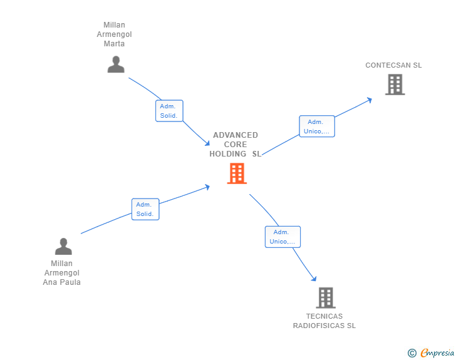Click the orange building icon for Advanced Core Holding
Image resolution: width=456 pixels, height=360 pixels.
pyautogui.click(x=237, y=173)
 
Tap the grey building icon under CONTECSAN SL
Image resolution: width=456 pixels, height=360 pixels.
pyautogui.click(x=395, y=85)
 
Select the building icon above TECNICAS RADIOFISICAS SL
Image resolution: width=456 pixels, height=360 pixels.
pyautogui.click(x=326, y=298)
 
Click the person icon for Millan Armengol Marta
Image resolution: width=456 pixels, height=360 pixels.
pyautogui.click(x=116, y=64)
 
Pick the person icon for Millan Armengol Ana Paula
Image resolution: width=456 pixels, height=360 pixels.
pyautogui.click(x=63, y=247)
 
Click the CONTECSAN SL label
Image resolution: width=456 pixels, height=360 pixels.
pyautogui.click(x=394, y=65)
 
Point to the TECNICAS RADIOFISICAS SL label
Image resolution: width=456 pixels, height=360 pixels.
pyautogui.click(x=324, y=321)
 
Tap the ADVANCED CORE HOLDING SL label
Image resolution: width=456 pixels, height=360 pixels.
pyautogui.click(x=236, y=145)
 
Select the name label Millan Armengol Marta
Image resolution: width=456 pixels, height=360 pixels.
pyautogui.click(x=114, y=34)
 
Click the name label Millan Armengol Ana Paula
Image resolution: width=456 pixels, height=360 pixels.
pyautogui.click(x=62, y=273)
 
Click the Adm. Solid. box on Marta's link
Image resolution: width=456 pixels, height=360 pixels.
pyautogui.click(x=169, y=111)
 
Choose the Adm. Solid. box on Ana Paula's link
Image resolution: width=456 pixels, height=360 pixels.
pyautogui.click(x=145, y=209)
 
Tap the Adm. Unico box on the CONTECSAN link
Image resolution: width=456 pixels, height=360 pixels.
pyautogui.click(x=317, y=126)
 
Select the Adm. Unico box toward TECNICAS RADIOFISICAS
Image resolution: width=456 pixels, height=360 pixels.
pyautogui.click(x=282, y=237)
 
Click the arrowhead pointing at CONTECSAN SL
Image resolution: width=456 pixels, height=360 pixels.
pyautogui.click(x=370, y=99)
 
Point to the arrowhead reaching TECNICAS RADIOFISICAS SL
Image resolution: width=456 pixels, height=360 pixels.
pyautogui.click(x=314, y=279)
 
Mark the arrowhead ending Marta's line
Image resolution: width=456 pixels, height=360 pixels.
pyautogui.click(x=207, y=143)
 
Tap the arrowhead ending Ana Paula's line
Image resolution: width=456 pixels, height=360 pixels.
pyautogui.click(x=207, y=187)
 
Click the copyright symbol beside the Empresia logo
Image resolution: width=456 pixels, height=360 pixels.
pyautogui.click(x=412, y=353)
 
